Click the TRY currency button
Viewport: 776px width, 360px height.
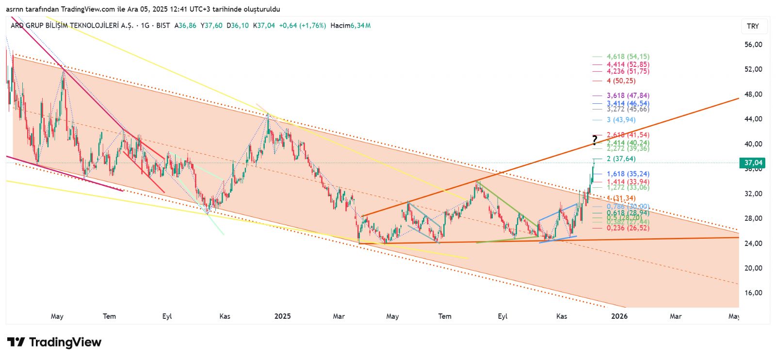753,26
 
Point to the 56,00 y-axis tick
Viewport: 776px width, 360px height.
753,45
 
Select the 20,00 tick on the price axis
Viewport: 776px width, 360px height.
753,268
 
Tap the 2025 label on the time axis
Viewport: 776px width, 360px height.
282,316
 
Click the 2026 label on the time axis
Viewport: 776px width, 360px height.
619,316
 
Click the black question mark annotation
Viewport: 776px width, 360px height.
595,140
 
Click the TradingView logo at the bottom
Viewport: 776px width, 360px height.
54,343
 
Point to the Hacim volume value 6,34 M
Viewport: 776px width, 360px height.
361,26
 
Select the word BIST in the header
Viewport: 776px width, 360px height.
163,26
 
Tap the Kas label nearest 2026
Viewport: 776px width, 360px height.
562,316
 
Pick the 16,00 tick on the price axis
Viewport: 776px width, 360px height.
753,293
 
